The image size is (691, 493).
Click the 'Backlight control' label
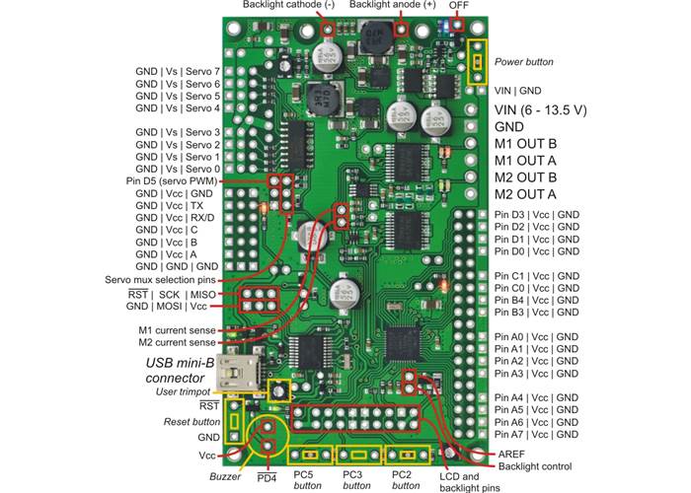tap(534, 465)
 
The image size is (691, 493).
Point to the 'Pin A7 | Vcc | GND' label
tap(537, 434)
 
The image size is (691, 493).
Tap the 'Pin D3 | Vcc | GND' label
tap(537, 215)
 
